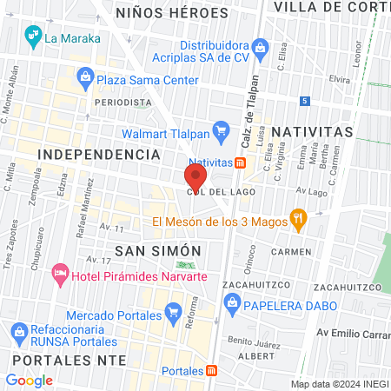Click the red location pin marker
tap(195, 176)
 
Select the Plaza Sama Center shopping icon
tap(85, 80)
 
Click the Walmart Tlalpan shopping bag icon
tap(221, 132)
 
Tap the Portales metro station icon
tap(210, 370)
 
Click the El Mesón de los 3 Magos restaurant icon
tap(298, 219)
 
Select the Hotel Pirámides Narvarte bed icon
tap(61, 275)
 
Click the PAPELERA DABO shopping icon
tap(231, 302)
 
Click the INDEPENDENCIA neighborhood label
tap(99, 154)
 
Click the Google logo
tap(30, 380)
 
